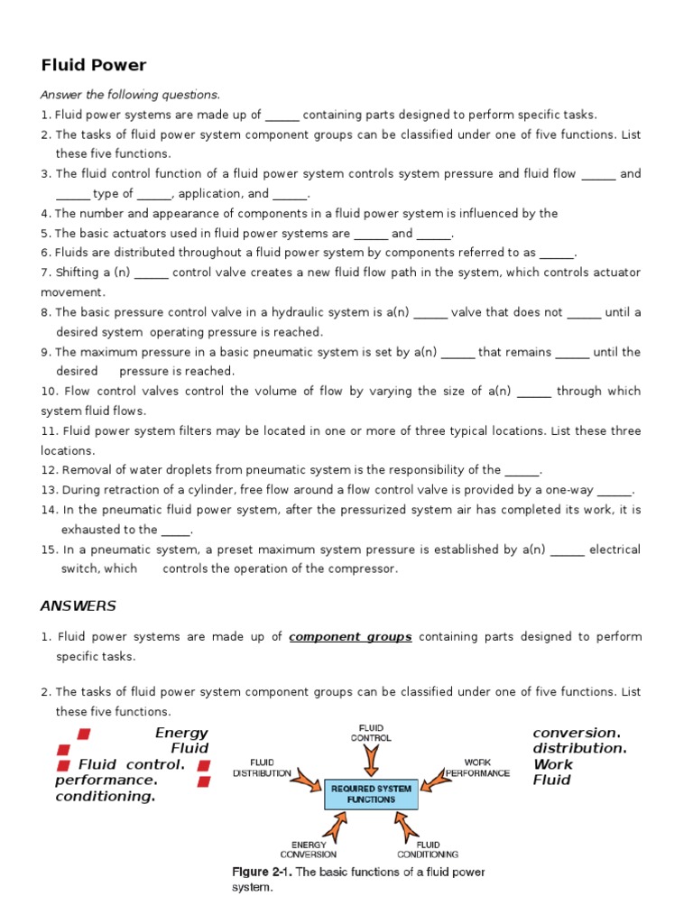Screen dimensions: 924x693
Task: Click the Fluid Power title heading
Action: [94, 65]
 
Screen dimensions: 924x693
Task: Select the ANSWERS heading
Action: [79, 605]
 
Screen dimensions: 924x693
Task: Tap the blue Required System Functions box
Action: [371, 794]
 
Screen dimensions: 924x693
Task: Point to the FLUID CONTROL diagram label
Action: [371, 732]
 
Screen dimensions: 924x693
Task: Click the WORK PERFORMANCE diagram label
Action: [478, 768]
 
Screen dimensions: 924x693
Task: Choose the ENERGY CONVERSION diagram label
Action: [309, 849]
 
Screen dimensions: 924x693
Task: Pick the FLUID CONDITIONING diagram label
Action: [428, 849]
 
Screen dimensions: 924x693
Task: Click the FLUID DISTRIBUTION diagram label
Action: [262, 768]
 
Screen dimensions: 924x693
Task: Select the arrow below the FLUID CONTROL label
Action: [371, 762]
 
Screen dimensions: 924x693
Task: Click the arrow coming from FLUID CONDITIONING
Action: [407, 825]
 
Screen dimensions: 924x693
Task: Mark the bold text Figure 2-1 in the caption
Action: [263, 872]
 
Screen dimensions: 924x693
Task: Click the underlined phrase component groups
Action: [350, 637]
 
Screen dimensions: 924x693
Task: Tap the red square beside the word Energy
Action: [84, 733]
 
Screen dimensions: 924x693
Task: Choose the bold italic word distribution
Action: [578, 748]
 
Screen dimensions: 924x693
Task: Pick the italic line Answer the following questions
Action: [130, 95]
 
